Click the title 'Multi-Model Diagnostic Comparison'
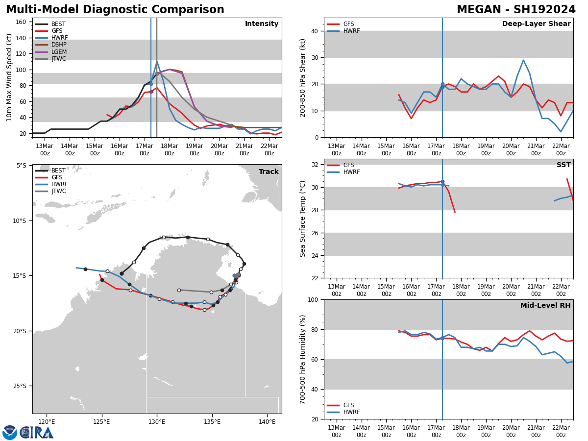click(x=115, y=10)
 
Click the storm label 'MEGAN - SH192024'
click(x=516, y=10)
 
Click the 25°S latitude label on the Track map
click(x=21, y=386)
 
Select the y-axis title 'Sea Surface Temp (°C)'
click(x=303, y=219)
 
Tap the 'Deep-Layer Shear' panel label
click(x=536, y=24)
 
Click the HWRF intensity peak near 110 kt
click(x=157, y=61)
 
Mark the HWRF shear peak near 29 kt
click(x=523, y=60)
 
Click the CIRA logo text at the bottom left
click(x=36, y=433)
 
